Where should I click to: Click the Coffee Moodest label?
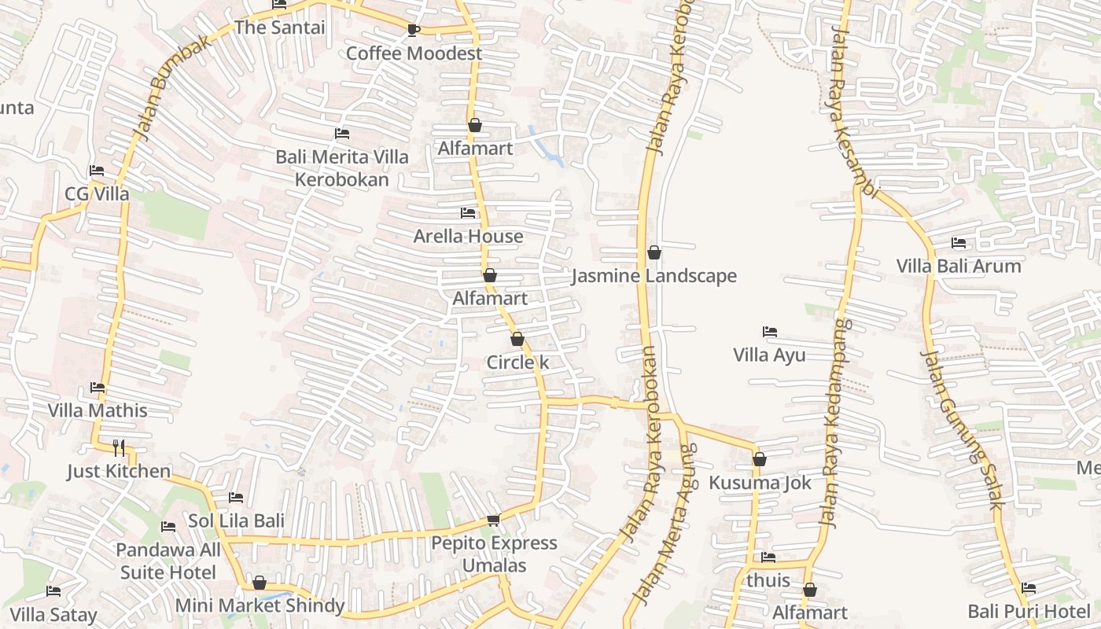click(414, 53)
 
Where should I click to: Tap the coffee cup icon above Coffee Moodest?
click(414, 31)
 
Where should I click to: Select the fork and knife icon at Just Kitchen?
click(119, 448)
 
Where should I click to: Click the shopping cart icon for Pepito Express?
click(494, 520)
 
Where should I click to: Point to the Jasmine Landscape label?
click(654, 276)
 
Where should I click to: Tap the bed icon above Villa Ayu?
click(770, 333)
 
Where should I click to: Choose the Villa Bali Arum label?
click(959, 266)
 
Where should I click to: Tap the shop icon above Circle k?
click(517, 340)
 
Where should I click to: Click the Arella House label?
click(468, 236)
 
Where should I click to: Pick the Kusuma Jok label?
click(760, 483)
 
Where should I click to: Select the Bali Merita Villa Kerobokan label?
click(342, 168)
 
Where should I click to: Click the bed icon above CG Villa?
click(97, 171)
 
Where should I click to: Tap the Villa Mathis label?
click(98, 410)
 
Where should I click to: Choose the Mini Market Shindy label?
click(260, 605)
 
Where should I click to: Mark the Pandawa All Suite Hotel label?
click(168, 561)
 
